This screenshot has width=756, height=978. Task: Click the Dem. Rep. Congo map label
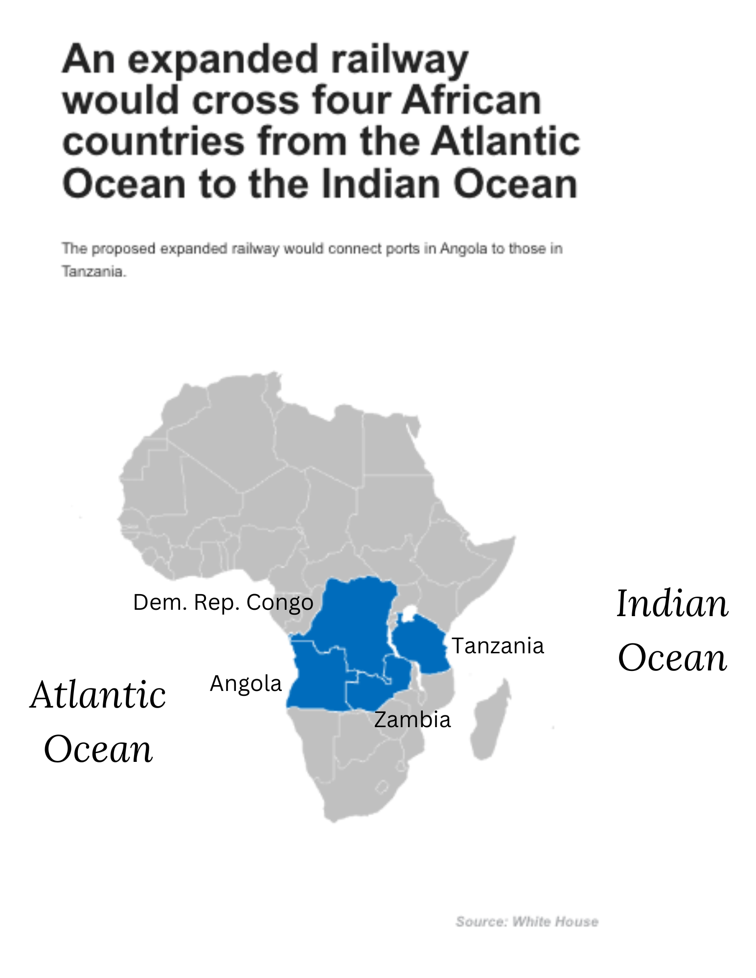tap(223, 602)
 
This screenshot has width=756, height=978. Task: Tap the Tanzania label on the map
tap(497, 646)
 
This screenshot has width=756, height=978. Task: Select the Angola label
tap(246, 684)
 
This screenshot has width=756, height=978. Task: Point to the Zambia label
tap(412, 720)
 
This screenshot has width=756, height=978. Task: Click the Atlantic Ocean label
tap(98, 721)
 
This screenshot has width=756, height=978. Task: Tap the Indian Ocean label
tap(672, 630)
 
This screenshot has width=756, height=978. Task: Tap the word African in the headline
tap(472, 101)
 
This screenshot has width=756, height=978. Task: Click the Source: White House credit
tap(527, 922)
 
